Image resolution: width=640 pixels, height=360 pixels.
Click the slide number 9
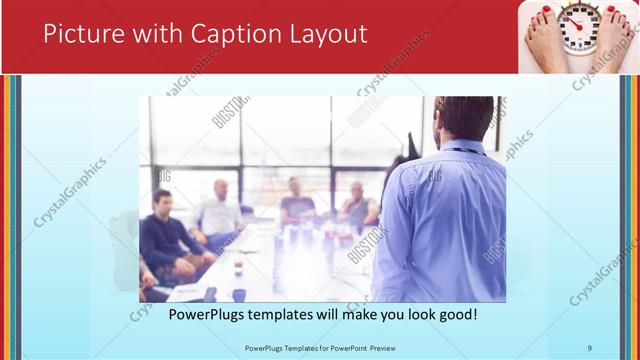(x=590, y=347)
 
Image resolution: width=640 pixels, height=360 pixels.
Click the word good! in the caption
(x=454, y=315)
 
